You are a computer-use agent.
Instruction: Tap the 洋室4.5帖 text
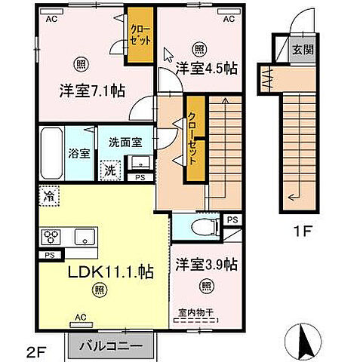206,69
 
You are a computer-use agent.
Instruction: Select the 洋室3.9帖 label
206,265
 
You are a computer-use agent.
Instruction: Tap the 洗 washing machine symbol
111,170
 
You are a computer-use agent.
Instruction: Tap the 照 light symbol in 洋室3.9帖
206,287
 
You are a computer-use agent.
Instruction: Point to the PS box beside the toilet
231,221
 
